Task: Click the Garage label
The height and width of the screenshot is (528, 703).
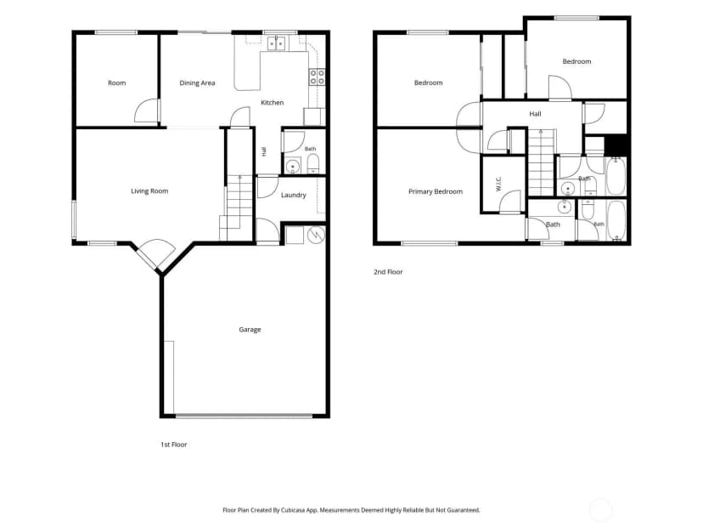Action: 250,330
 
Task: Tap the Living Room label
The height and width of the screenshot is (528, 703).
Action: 149,191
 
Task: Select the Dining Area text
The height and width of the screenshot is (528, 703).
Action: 197,83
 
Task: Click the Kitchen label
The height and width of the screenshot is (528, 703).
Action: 273,103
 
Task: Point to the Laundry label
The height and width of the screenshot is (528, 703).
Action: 294,196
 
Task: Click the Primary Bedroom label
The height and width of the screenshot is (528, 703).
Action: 436,191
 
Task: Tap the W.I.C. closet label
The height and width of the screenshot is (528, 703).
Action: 498,185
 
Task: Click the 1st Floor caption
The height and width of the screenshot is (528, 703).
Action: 174,445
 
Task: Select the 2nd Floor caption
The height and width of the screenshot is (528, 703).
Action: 388,271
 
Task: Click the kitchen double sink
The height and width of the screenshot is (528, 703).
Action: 276,43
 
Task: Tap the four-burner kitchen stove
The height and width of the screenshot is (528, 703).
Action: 317,77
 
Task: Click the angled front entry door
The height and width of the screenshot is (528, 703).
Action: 155,255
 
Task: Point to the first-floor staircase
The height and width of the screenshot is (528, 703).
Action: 236,207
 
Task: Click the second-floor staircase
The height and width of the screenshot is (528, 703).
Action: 541,162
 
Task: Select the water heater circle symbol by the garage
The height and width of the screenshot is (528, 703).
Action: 316,235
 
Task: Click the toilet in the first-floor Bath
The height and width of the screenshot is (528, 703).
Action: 313,164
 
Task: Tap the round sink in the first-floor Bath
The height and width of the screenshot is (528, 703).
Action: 293,166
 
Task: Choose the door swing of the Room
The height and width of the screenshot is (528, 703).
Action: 147,111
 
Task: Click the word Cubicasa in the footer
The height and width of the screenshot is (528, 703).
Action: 293,510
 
